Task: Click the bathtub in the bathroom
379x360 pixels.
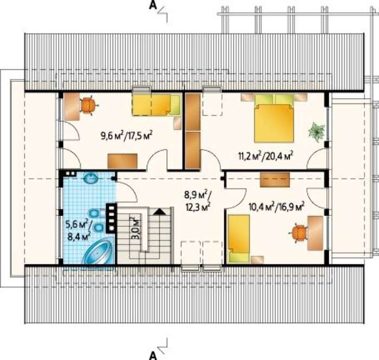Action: tap(99, 251)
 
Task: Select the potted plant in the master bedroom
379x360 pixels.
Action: tap(317, 130)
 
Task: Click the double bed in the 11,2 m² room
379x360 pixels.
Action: tap(274, 119)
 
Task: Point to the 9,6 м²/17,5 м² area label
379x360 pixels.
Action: tap(126, 136)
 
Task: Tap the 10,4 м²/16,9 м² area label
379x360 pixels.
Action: tap(276, 207)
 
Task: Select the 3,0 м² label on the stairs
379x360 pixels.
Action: tap(136, 228)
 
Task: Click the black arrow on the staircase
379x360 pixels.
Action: tap(159, 212)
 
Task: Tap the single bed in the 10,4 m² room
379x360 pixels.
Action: tap(239, 238)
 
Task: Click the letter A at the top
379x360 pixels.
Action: tap(153, 5)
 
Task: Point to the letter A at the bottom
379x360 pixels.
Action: tap(153, 356)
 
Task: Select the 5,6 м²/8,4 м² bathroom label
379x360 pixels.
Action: tap(79, 231)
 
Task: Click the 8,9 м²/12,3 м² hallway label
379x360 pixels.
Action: tap(198, 201)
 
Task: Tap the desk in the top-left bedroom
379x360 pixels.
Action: tap(72, 106)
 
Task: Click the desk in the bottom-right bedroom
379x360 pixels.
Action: tap(315, 233)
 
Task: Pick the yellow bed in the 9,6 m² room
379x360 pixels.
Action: tap(156, 104)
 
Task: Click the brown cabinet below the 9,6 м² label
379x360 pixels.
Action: tap(122, 161)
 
